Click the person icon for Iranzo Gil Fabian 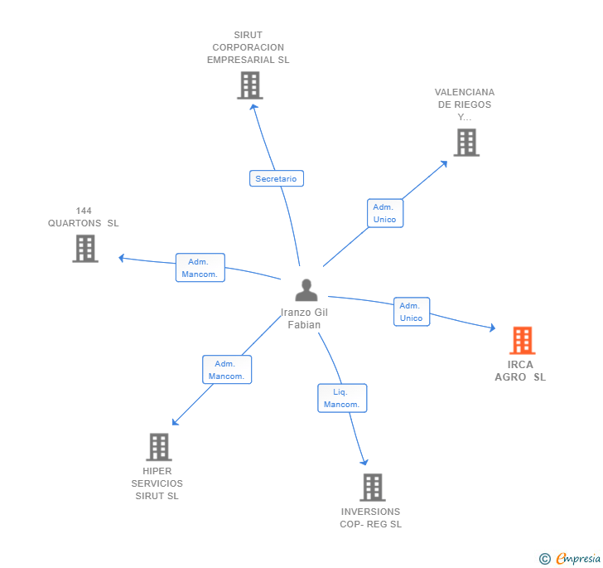pos(306,290)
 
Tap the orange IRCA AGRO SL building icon pos(522,340)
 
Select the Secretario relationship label pos(276,178)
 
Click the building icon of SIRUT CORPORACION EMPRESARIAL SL pos(249,85)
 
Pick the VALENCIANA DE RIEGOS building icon pos(466,143)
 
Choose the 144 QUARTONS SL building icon pos(85,248)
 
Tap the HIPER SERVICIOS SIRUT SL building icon pos(158,447)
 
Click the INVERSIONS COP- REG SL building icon pos(372,488)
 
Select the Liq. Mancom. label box pos(341,398)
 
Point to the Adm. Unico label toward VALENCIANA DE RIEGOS pos(385,213)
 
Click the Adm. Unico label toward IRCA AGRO pos(411,312)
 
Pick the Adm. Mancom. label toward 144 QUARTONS pos(200,268)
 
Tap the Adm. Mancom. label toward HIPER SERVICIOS pos(226,370)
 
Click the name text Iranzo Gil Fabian pos(304,318)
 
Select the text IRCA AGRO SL pos(521,371)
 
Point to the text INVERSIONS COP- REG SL pos(370,517)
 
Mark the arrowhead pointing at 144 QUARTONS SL pos(121,257)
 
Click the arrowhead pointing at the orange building pos(493,329)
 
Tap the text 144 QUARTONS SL pos(83,216)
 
